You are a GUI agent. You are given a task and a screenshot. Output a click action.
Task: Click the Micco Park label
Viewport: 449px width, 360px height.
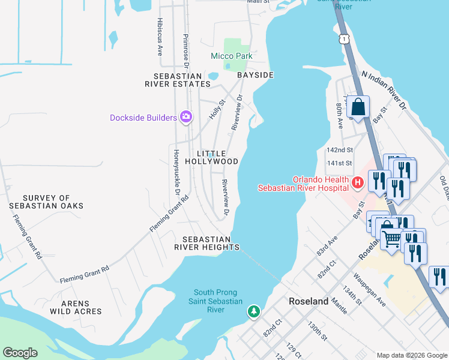tap(231, 56)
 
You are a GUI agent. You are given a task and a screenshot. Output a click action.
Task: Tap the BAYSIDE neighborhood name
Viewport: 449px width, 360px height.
tap(255, 75)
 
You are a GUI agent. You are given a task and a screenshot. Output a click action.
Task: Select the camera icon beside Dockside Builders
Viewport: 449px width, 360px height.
tap(186, 116)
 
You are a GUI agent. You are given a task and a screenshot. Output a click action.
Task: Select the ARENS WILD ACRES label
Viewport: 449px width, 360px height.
tap(76, 307)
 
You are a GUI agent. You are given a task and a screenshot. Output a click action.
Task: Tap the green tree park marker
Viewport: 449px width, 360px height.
tap(255, 311)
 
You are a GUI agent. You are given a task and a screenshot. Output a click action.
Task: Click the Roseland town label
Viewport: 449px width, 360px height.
tap(309, 301)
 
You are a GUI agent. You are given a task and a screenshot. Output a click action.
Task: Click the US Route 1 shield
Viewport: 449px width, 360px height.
tap(343, 38)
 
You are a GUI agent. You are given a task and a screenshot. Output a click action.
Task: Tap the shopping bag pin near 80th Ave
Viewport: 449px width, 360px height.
tap(358, 108)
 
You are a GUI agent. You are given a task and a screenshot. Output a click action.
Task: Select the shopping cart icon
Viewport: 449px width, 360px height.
tap(391, 239)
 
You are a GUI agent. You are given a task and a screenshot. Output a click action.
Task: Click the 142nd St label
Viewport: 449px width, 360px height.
tap(340, 150)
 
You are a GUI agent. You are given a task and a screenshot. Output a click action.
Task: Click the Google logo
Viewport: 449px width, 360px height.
tap(20, 353)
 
